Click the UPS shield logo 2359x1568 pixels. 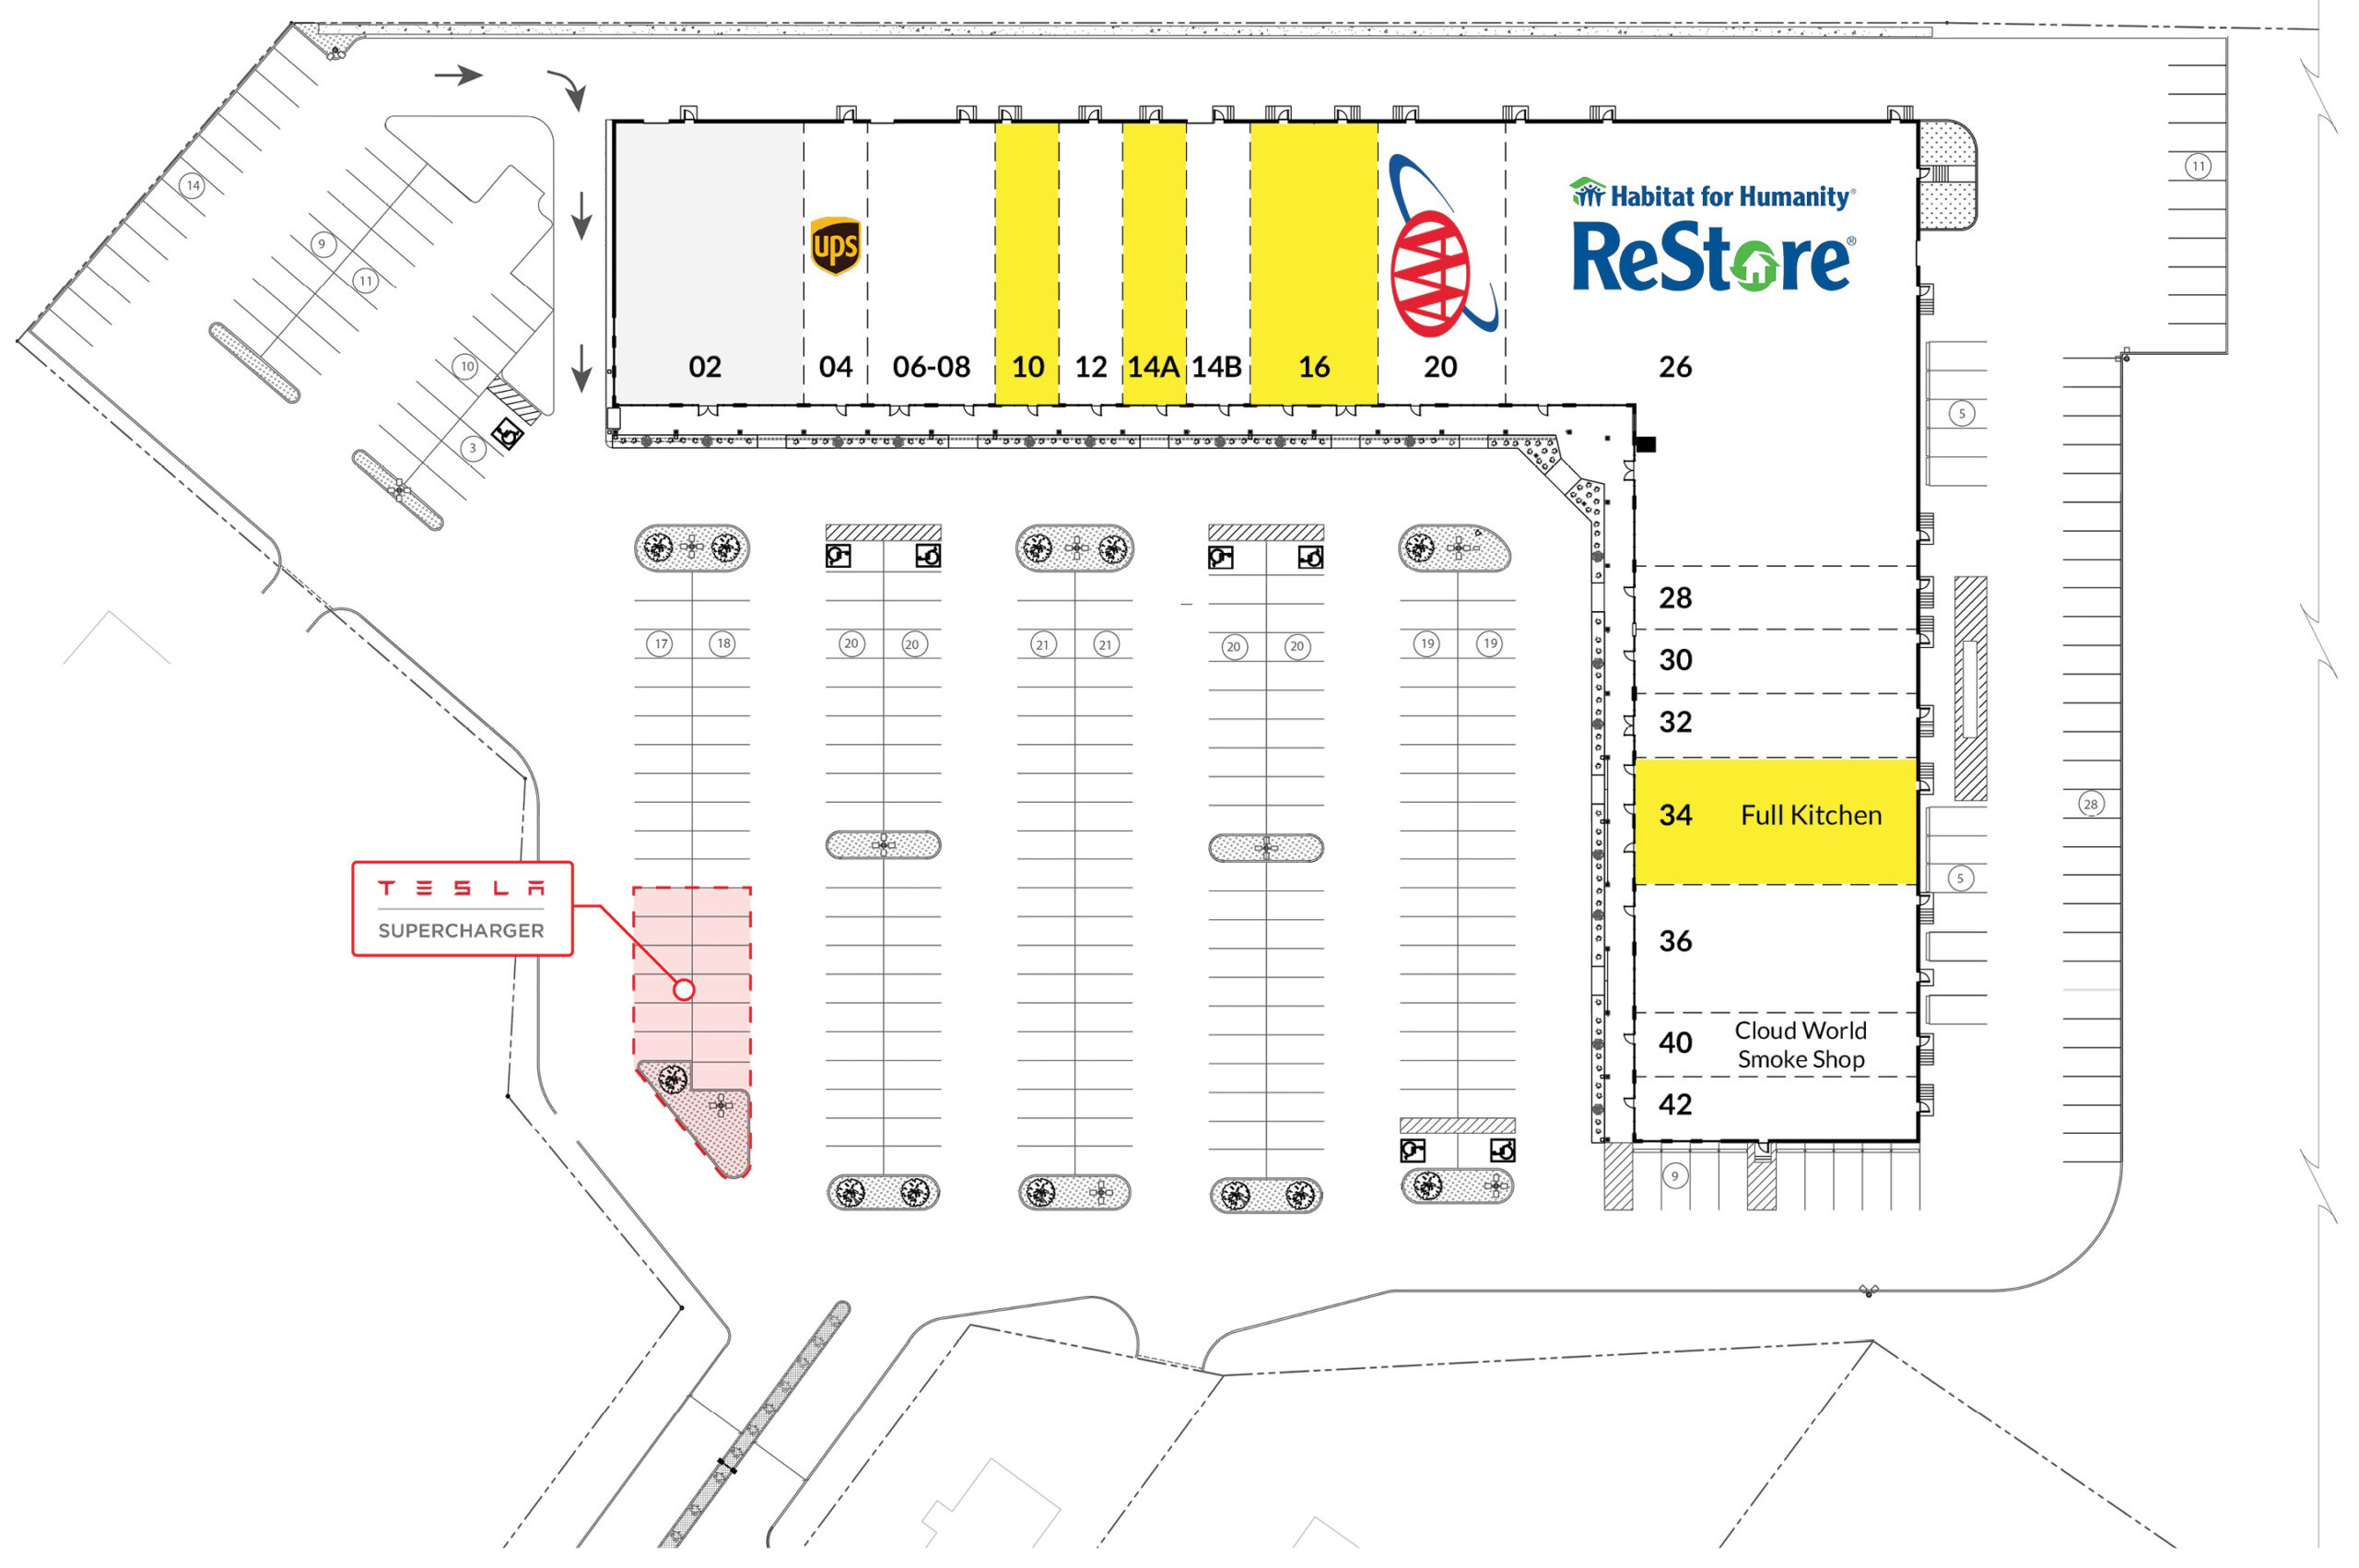pos(835,245)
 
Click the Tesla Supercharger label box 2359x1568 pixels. pos(462,908)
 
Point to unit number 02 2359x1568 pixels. pos(705,367)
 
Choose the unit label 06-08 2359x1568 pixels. pos(931,367)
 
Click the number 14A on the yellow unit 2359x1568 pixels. pos(1154,367)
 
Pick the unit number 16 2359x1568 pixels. pos(1313,367)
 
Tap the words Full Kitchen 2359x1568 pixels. pos(1810,815)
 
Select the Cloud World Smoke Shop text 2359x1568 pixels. pos(1801,1044)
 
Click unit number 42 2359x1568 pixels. pos(1675,1104)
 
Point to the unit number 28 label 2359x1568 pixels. pos(1675,598)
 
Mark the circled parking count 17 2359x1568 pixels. pos(660,644)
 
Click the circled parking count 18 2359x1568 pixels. pos(723,643)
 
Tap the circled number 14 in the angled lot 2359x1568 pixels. pos(193,185)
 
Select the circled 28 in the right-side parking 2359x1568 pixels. pos(2090,803)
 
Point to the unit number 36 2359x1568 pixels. pos(1675,941)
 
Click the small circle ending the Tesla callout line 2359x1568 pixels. pos(684,989)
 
